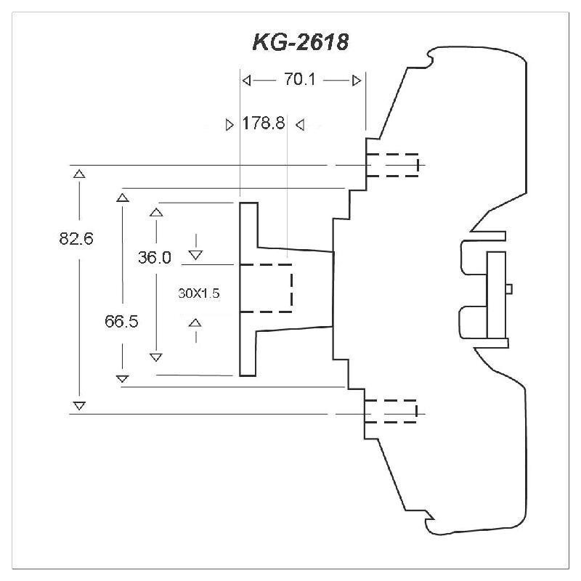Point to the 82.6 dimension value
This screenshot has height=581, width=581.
click(77, 238)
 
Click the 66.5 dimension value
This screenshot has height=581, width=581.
click(121, 322)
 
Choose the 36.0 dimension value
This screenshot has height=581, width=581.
click(155, 257)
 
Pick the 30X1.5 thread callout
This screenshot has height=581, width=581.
click(198, 294)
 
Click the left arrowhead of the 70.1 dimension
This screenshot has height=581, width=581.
click(247, 81)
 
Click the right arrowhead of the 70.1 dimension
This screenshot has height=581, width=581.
click(356, 81)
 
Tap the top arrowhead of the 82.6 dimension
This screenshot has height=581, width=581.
click(79, 174)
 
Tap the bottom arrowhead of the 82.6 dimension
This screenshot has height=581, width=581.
click(79, 405)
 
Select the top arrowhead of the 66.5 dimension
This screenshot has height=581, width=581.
click(123, 196)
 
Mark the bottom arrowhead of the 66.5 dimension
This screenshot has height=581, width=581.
click(123, 378)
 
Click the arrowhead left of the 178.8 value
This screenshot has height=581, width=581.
click(230, 125)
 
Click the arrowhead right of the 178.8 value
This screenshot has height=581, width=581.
click(299, 125)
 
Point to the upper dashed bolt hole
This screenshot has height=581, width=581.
click(392, 165)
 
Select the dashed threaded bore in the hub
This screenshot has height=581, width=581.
click(266, 288)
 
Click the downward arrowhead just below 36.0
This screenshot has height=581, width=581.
click(195, 254)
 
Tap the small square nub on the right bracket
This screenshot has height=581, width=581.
click(509, 288)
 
